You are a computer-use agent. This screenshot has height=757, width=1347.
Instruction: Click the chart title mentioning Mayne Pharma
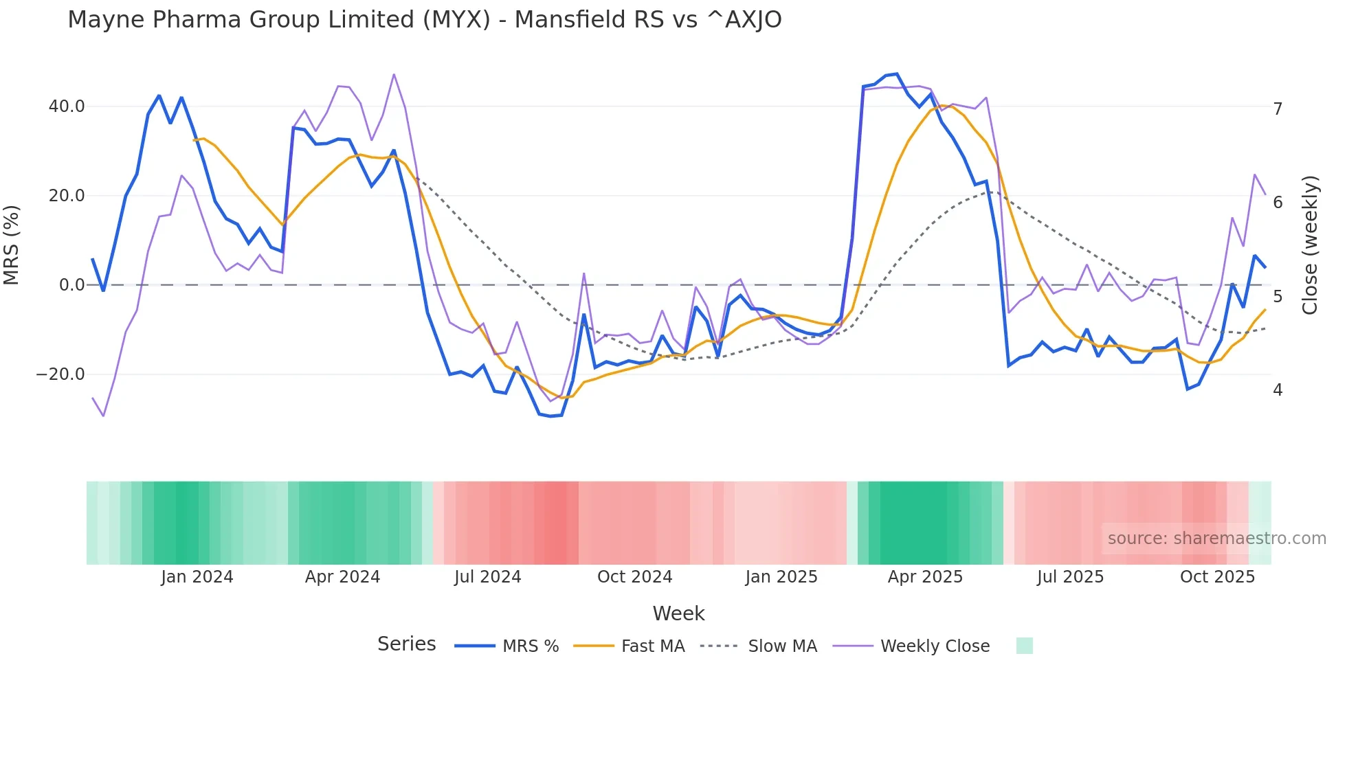click(x=424, y=20)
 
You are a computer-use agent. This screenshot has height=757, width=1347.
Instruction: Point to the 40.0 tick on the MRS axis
click(x=67, y=106)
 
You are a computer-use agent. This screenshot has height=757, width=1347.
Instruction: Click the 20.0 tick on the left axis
click(x=67, y=196)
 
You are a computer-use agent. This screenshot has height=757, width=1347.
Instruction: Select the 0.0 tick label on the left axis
click(x=71, y=285)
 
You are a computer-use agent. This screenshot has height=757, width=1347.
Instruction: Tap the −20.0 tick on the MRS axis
click(x=60, y=374)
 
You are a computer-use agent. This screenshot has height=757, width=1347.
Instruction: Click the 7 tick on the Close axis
click(x=1278, y=109)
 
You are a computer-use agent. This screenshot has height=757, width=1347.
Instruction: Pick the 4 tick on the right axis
click(x=1278, y=390)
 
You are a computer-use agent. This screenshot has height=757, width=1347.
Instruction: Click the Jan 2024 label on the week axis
click(x=197, y=577)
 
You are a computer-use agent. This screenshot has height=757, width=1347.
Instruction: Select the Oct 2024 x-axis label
click(x=634, y=577)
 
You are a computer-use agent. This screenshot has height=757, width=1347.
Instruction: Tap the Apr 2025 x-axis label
click(x=925, y=577)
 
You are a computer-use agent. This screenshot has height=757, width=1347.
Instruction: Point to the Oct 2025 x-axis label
click(x=1217, y=577)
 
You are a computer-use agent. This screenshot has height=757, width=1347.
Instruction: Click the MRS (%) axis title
click(x=12, y=245)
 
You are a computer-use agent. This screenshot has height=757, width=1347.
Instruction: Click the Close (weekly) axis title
click(x=1310, y=245)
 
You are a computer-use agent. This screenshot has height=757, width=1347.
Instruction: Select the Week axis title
click(x=678, y=613)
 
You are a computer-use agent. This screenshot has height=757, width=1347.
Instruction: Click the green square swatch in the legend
click(x=1024, y=646)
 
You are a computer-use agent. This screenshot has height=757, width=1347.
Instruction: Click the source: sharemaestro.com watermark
click(x=1216, y=539)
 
